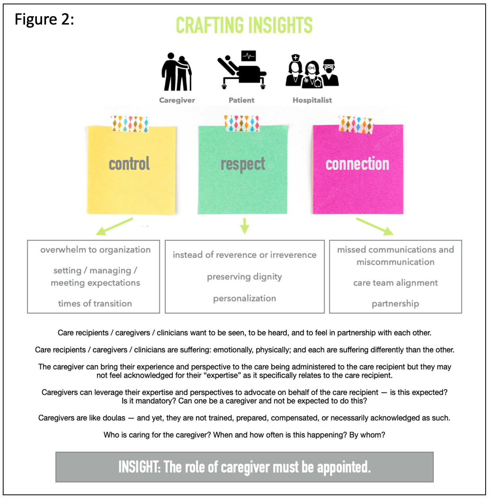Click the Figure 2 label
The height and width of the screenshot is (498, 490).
coord(44,19)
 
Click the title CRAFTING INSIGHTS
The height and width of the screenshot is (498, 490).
coord(244,26)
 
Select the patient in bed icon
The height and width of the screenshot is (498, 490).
coord(241,70)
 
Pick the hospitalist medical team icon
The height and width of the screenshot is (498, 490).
coord(312,71)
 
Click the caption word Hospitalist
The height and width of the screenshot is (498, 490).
coord(312,100)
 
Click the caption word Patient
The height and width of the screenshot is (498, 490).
coord(241,100)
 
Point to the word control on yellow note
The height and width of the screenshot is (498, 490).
coord(129,164)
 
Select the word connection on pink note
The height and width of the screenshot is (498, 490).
coord(357,164)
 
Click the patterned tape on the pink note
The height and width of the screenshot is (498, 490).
coord(356,124)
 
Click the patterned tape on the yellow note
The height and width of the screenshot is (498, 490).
coord(130,124)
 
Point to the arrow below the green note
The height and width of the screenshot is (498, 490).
coord(245,226)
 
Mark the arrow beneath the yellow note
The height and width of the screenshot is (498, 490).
coord(114,226)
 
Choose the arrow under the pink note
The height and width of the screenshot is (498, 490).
coord(375,226)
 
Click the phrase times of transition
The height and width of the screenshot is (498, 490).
coord(95,304)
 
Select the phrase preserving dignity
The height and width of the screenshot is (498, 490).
coord(244,277)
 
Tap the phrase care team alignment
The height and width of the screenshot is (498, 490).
coord(395,283)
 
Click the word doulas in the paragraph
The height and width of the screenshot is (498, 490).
coord(114,418)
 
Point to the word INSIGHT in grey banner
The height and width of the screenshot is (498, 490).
coord(139,467)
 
